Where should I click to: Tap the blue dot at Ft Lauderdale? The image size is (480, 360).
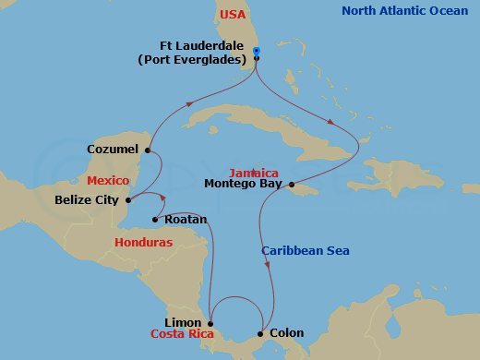coord(256,52)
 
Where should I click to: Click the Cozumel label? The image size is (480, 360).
coord(112,149)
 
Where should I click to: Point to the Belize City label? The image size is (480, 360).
coord(89,198)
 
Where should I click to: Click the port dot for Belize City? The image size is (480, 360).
coord(128,198)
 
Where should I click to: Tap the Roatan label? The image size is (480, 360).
coord(185,220)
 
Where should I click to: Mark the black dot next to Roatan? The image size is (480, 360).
coord(154,220)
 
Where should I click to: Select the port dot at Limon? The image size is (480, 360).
coord(210,321)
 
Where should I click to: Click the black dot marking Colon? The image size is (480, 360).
coord(261,333)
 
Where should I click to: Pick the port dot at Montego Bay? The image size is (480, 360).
coord(292,184)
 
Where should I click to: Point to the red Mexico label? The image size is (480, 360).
coord(108,182)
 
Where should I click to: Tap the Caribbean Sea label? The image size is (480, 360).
coord(305,250)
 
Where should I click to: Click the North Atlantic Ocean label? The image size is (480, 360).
coord(404,11)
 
